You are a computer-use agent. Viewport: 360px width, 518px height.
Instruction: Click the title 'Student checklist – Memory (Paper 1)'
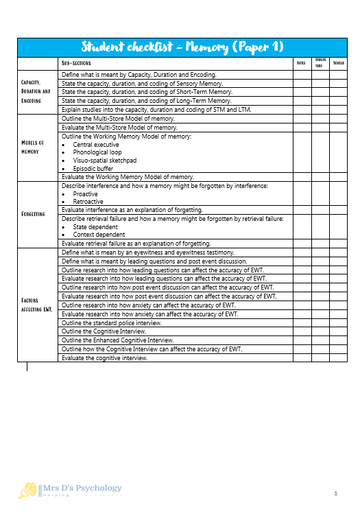tap(183, 47)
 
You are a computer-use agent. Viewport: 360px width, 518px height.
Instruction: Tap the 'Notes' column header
tap(300, 63)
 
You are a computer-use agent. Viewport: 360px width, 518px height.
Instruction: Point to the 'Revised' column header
tap(338, 63)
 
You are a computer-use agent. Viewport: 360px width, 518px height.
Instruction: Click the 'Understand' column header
tap(319, 63)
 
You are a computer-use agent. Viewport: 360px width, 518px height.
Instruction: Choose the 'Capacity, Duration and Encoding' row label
tap(36, 91)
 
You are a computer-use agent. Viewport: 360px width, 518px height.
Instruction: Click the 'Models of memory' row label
tap(34, 147)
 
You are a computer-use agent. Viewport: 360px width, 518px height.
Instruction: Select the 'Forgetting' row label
tap(34, 213)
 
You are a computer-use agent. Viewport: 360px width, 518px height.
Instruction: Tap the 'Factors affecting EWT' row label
tap(36, 305)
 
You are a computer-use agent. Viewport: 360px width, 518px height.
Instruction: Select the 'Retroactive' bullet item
tap(88, 202)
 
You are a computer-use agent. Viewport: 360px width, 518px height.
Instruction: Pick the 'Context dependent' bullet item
tap(99, 235)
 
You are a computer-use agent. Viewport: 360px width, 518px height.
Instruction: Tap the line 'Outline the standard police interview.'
tap(112, 322)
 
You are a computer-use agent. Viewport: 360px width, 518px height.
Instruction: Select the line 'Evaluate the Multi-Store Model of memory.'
tap(118, 127)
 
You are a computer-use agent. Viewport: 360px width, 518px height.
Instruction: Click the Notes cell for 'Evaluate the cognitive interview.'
tap(300, 357)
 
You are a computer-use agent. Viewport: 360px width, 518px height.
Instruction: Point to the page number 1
tap(336, 493)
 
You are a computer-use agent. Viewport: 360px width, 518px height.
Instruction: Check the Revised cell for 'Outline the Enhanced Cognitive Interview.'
tap(338, 340)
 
